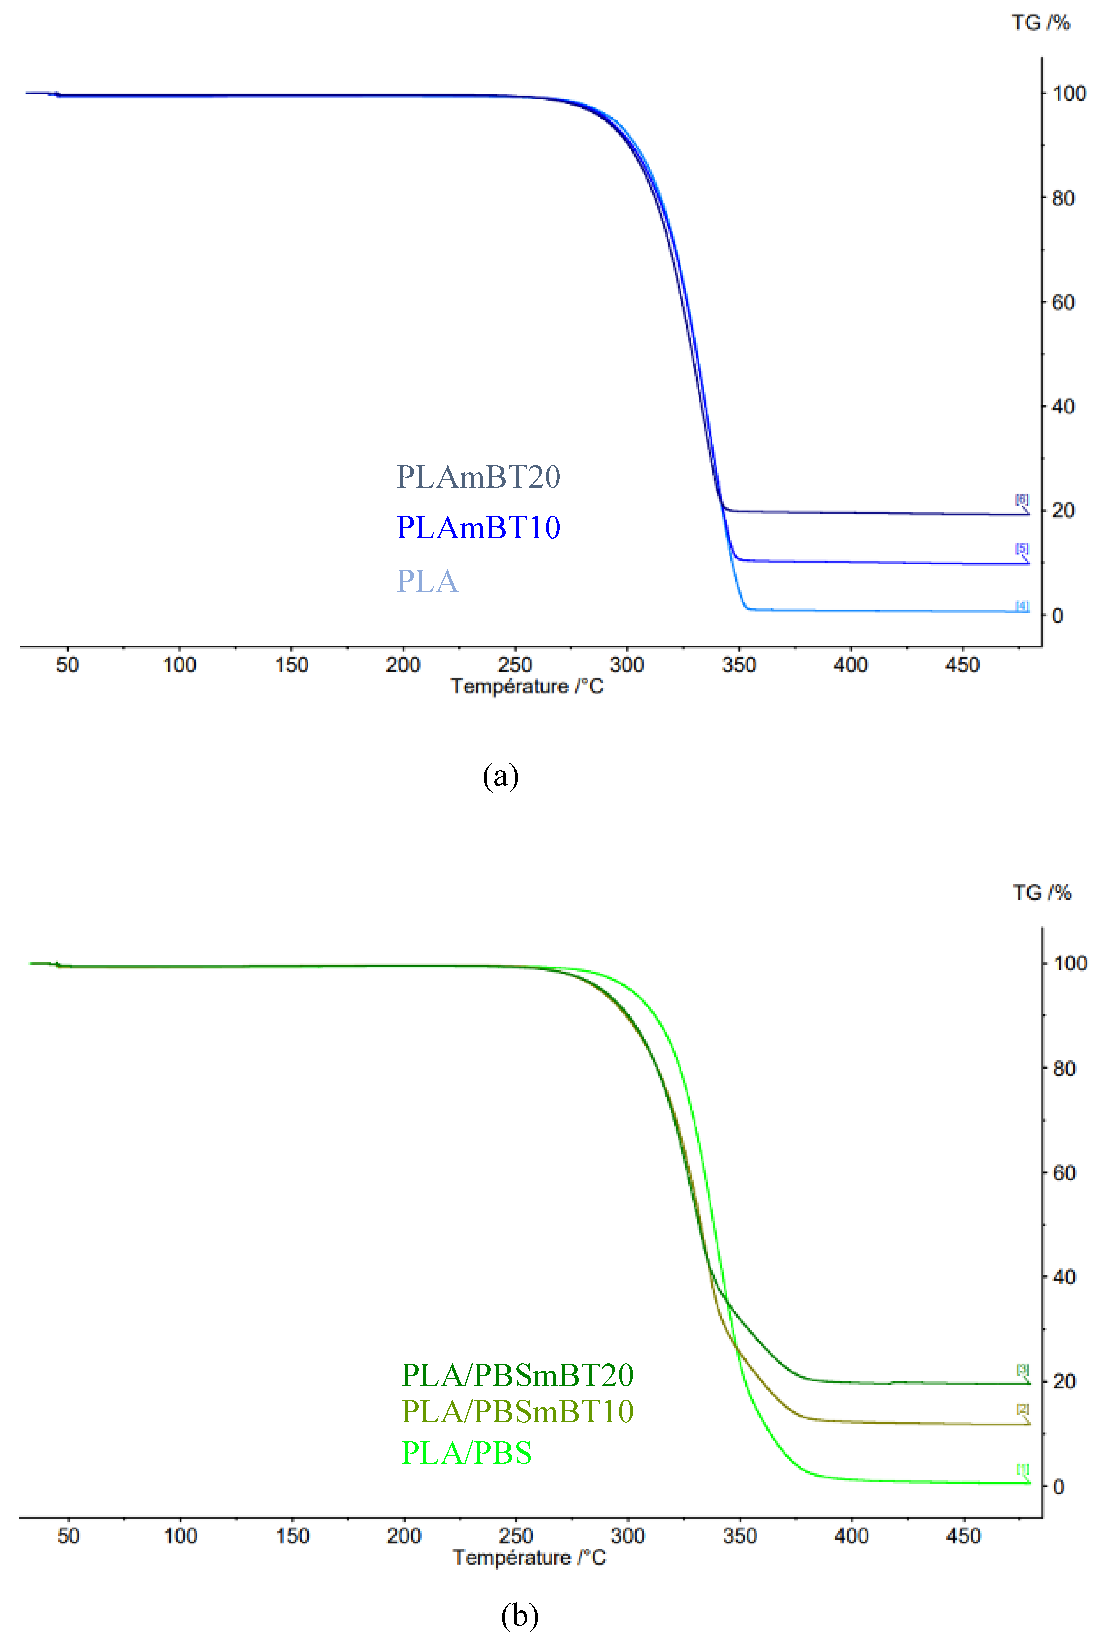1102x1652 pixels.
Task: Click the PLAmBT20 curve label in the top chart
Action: coord(479,477)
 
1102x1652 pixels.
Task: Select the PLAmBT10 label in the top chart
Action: coord(479,528)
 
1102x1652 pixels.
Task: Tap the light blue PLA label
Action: coord(427,581)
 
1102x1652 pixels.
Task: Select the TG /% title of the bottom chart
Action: coord(1041,893)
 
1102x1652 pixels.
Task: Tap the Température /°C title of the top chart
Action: coord(527,686)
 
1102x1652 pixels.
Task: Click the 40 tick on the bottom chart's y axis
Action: coord(1064,1277)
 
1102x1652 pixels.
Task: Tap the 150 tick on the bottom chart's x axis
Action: coord(292,1536)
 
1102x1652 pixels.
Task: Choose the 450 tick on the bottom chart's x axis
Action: coord(963,1536)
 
